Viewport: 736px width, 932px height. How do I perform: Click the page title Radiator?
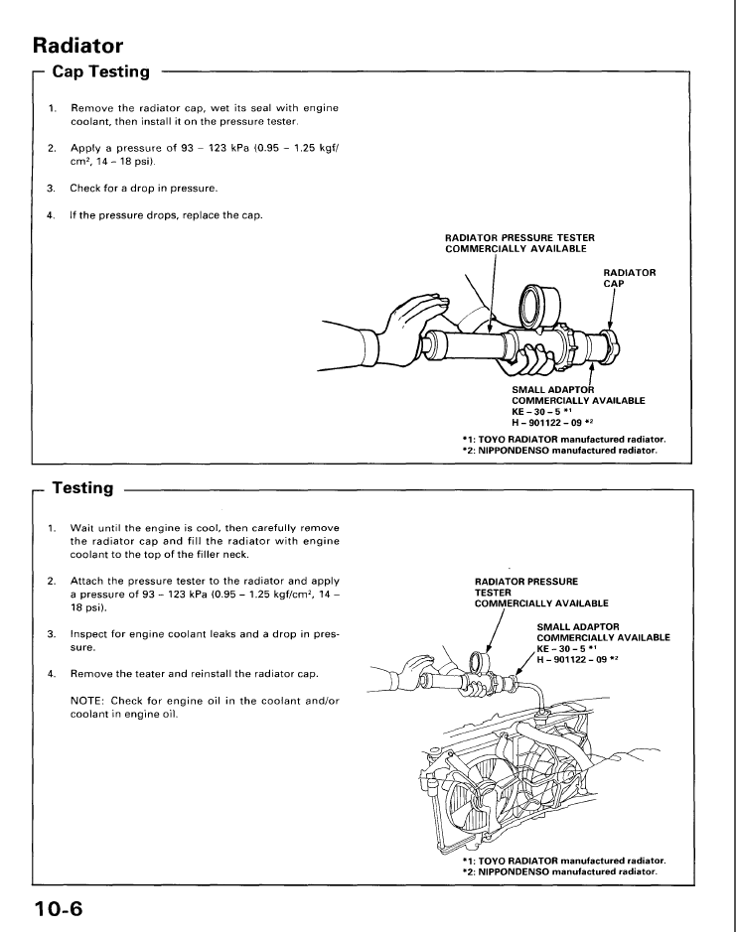(77, 46)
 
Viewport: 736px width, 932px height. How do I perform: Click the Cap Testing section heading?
(101, 71)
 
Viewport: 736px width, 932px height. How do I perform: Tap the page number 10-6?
(59, 909)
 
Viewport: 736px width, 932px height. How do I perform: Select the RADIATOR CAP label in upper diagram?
(630, 278)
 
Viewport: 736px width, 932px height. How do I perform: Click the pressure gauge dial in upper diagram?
(540, 305)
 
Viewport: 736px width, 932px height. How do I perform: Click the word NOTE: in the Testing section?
(86, 701)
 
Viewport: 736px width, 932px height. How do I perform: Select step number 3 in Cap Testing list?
(52, 189)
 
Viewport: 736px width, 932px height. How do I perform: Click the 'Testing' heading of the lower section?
(82, 488)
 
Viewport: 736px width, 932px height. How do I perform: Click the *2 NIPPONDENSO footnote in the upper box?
(560, 451)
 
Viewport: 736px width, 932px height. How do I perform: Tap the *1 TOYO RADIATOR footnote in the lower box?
(564, 861)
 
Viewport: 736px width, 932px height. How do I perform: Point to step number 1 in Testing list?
(52, 528)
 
